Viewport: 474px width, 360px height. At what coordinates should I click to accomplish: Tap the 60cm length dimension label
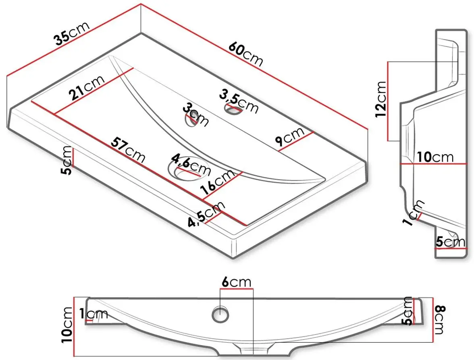coord(246,54)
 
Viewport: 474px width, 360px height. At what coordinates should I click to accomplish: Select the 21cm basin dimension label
coord(87,87)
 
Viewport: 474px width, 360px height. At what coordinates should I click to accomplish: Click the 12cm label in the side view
coord(380,99)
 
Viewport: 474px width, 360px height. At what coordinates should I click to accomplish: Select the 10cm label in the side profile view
coord(435,157)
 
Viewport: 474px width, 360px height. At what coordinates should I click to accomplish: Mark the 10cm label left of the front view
coord(67,325)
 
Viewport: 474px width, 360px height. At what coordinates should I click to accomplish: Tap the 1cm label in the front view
coord(94,314)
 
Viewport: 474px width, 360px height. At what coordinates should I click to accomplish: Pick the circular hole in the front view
coord(220,314)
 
